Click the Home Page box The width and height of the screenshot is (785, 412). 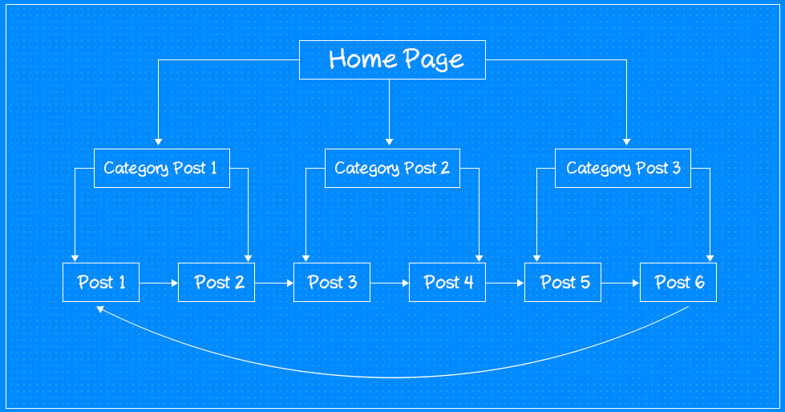coord(392,59)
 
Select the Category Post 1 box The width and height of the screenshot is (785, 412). coord(161,168)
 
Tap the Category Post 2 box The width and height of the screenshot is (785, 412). coord(392,168)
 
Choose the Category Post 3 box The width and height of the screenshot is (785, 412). coord(622,168)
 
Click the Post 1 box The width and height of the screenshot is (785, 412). coord(101,282)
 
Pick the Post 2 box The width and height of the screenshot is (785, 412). coord(216,282)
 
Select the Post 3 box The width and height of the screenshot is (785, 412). coord(332,282)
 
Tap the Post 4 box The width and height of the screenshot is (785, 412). coord(447,282)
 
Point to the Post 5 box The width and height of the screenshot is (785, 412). coord(563,282)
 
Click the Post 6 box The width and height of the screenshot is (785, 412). coord(678,282)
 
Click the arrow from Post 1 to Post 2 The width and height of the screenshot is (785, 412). coord(159,283)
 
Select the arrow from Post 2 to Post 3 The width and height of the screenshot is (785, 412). coord(274,283)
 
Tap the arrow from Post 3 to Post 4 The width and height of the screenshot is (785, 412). coord(390,283)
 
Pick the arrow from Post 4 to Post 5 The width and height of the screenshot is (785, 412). coord(505,283)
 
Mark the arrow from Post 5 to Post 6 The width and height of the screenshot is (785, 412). coord(621,283)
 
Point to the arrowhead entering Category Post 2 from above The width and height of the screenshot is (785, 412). coord(390,141)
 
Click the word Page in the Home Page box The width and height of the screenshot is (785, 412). coord(433,60)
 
